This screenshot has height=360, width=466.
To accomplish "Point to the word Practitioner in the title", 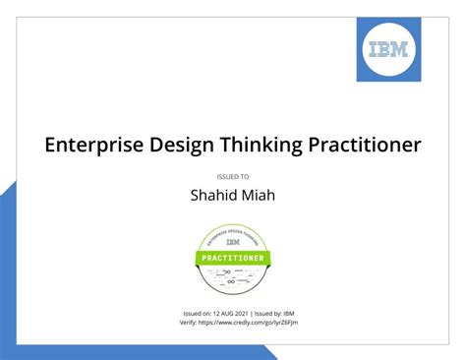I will pyautogui.click(x=364, y=145).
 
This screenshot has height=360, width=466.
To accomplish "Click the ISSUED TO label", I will pyautogui.click(x=232, y=176).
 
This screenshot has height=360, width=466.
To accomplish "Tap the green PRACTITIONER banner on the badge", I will pyautogui.click(x=233, y=258).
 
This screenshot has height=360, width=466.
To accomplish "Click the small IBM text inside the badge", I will pyautogui.click(x=233, y=241).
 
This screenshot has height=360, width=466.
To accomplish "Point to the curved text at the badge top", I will pyautogui.click(x=233, y=231).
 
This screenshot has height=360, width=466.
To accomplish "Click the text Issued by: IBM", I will pyautogui.click(x=279, y=313).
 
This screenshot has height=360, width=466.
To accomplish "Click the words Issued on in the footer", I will pyautogui.click(x=199, y=313).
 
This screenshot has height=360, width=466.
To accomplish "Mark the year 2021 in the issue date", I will pyautogui.click(x=244, y=313).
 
